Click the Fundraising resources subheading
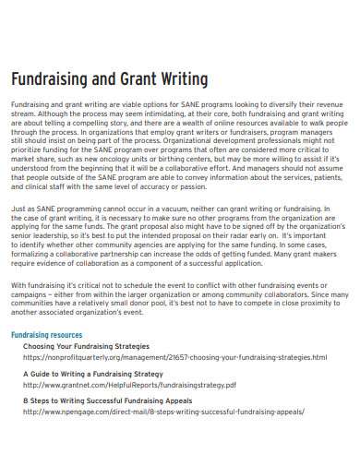pyautogui.click(x=46, y=309)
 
